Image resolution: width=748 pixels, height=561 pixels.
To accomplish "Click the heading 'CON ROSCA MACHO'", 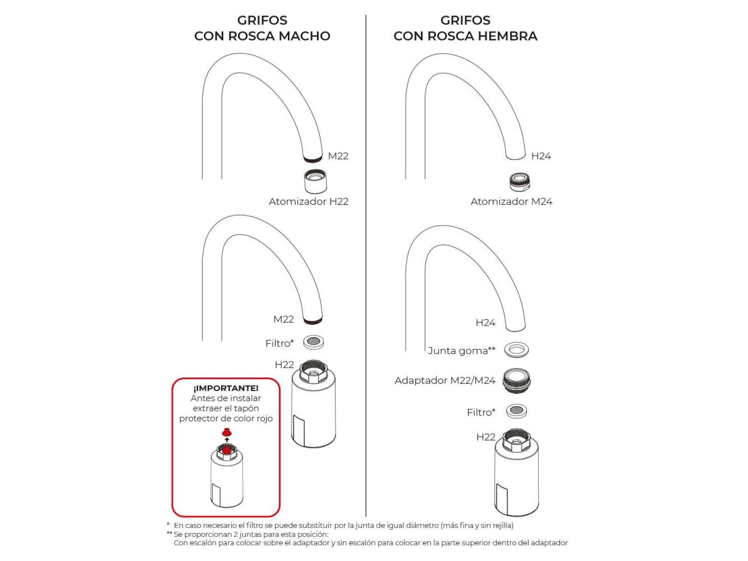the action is [x=262, y=36].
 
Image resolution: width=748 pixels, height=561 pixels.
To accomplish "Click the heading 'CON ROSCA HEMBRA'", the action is [x=465, y=36].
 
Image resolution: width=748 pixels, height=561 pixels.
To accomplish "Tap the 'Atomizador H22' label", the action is [x=309, y=201].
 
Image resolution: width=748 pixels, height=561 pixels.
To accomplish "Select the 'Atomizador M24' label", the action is [x=511, y=201].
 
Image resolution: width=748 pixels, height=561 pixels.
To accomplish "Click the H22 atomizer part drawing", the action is [x=316, y=181].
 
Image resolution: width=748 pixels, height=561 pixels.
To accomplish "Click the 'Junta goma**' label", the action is [x=462, y=351].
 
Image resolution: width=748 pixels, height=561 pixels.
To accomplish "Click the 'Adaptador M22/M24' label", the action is [x=445, y=380].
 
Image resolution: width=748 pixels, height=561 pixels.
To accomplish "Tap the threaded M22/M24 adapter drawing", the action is [x=517, y=381].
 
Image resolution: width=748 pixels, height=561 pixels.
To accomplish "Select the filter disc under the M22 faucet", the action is [x=314, y=342].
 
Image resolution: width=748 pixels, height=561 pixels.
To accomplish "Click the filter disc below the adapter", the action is [x=517, y=411].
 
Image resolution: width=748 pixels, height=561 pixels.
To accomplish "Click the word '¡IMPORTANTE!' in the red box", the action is [x=226, y=388].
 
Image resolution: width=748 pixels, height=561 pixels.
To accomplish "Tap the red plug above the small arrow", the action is [x=227, y=432].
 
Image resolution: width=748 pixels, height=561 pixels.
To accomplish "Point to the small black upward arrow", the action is [x=227, y=440].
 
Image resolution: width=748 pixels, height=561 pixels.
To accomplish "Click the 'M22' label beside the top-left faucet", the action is [x=338, y=156].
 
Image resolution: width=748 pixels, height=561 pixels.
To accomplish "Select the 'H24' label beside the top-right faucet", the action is [x=541, y=156].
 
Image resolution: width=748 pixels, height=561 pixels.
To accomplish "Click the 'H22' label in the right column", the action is [x=486, y=437].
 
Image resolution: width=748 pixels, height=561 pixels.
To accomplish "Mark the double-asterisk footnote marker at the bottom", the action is [x=169, y=533].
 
